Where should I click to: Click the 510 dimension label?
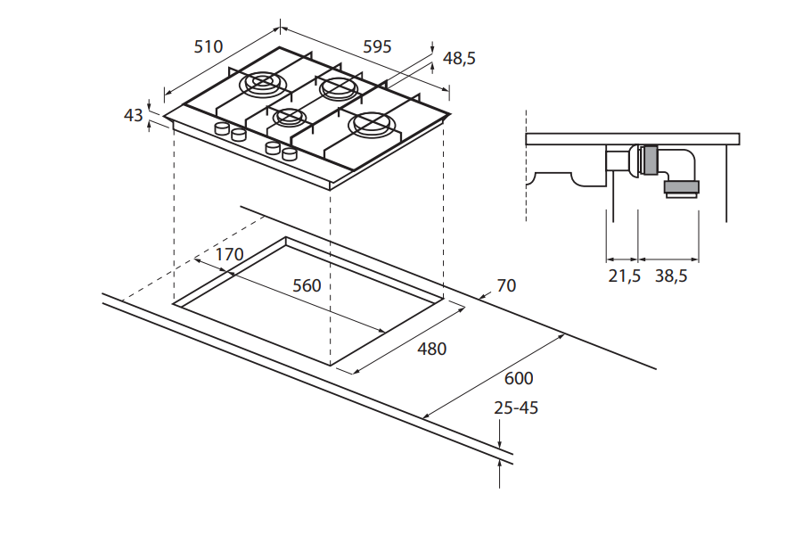coord(208,46)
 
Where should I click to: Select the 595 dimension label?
coord(377,46)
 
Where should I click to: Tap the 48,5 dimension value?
coord(459,59)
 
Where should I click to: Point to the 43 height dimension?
coord(134,115)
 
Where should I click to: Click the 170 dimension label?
coord(229,254)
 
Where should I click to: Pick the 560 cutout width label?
coord(307,285)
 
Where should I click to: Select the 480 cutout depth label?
coord(431,349)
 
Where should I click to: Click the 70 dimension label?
coord(506,285)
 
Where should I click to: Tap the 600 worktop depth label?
coord(519,378)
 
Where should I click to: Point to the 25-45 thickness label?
coord(517,408)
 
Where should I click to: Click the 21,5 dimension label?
coord(625,276)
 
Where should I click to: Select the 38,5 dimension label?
coord(671,276)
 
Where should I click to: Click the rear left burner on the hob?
coord(263,83)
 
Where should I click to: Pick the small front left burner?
coord(288,117)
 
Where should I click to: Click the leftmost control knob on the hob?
coord(221,130)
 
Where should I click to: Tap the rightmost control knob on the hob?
coord(288,154)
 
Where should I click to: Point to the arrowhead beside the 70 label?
coord(482,293)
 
